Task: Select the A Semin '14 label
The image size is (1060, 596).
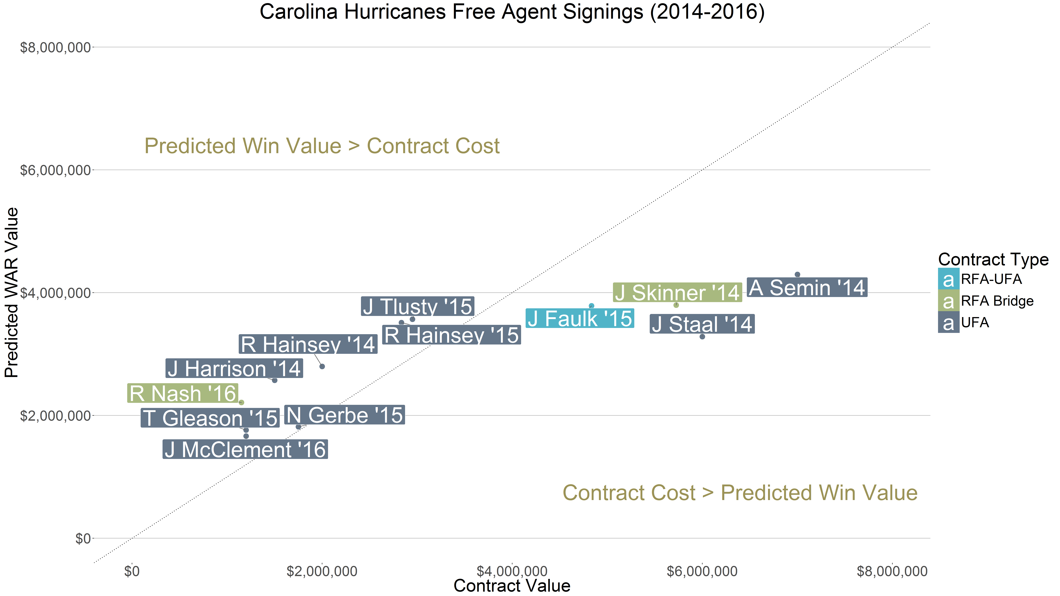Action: (x=807, y=288)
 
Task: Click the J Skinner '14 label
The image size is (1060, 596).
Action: (x=677, y=293)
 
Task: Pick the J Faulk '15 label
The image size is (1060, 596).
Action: (x=580, y=319)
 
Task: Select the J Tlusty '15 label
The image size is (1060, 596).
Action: (x=418, y=306)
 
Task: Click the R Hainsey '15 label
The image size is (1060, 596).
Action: (x=451, y=335)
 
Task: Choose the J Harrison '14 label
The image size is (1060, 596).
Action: (x=234, y=369)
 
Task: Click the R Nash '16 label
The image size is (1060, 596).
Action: (x=183, y=393)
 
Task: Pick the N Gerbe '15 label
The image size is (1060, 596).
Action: (x=344, y=415)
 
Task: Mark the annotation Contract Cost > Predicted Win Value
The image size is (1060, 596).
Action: (x=740, y=493)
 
